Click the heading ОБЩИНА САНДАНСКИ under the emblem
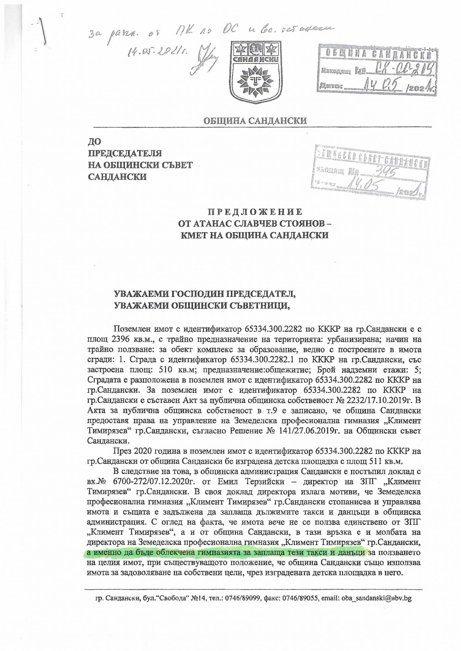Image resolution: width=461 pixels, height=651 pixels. [254, 121]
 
